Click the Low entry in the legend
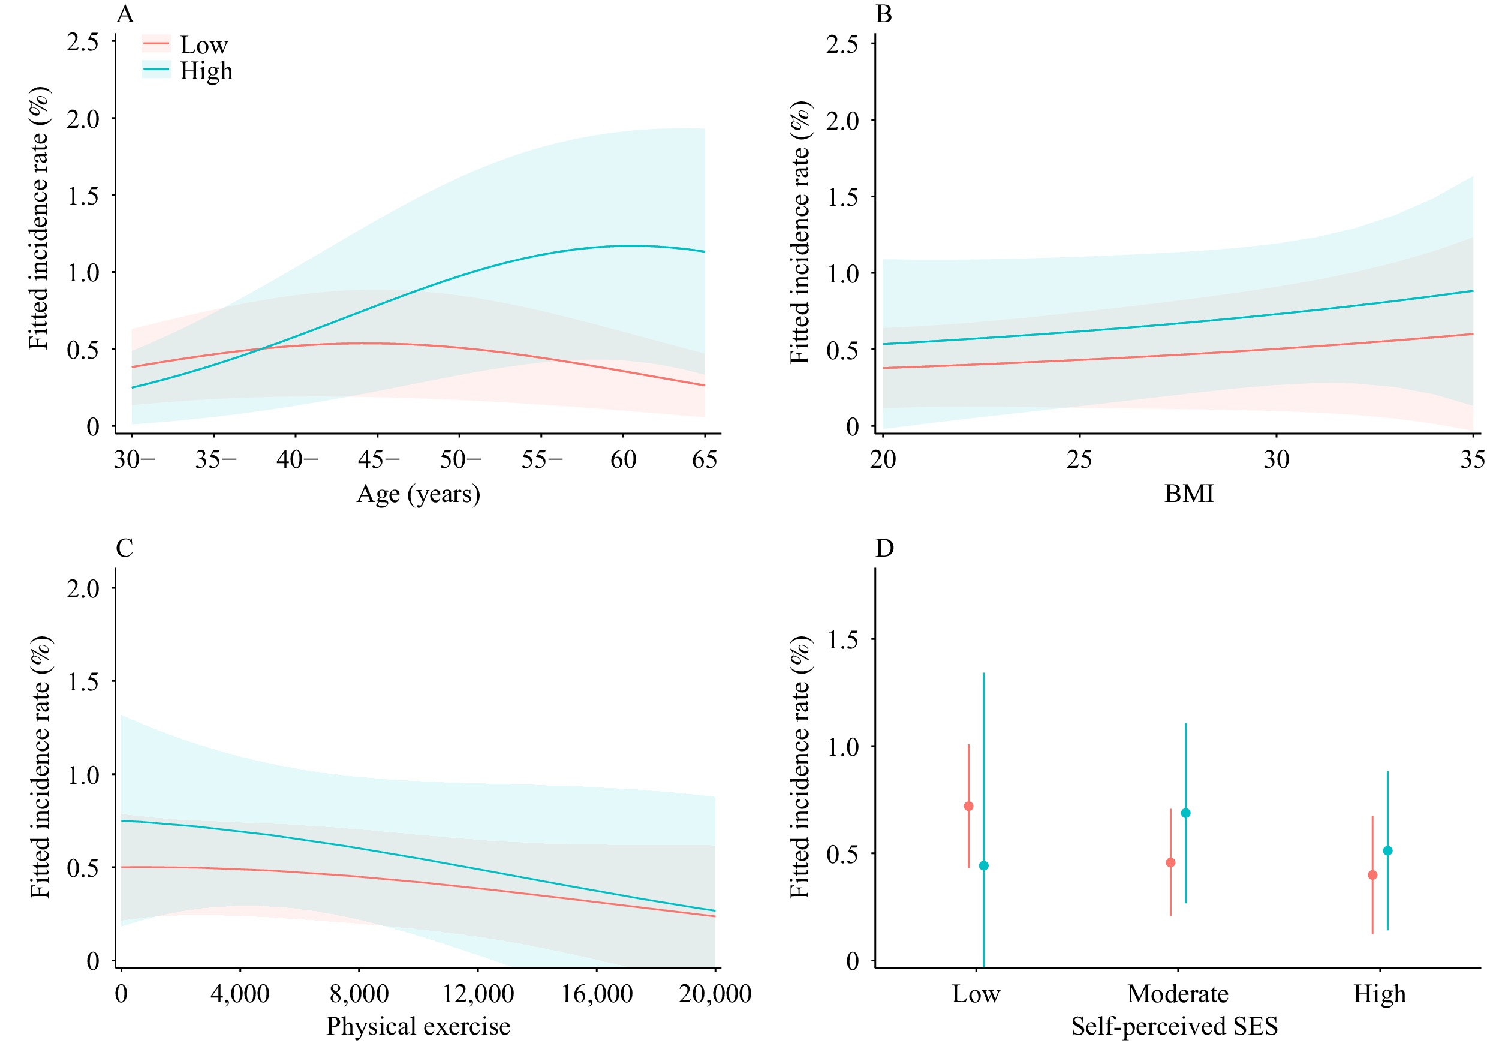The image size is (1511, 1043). pos(203,45)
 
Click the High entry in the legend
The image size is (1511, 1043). pos(206,71)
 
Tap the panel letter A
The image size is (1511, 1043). pos(125,14)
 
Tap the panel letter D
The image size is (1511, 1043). pos(884,548)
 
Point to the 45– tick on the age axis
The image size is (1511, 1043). pos(378,459)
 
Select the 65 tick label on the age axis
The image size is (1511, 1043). pos(704,459)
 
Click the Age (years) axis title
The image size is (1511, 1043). pos(418,494)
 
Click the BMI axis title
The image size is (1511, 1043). pos(1188,494)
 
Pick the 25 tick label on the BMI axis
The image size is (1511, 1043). pos(1079,459)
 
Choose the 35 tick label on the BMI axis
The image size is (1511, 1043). pos(1473,459)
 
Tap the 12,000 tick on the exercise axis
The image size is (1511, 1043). pos(478,994)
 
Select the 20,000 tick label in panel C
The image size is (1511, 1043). pos(715,994)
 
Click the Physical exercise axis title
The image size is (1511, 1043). pos(418,1026)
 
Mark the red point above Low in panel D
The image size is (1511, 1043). pos(968,807)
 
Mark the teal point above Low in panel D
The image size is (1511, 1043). pos(984,866)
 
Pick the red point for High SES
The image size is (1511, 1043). pos(1372,875)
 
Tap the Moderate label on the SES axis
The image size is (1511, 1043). pos(1178,994)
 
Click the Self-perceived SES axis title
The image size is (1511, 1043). pos(1174,1026)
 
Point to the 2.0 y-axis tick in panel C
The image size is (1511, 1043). pos(83,588)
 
